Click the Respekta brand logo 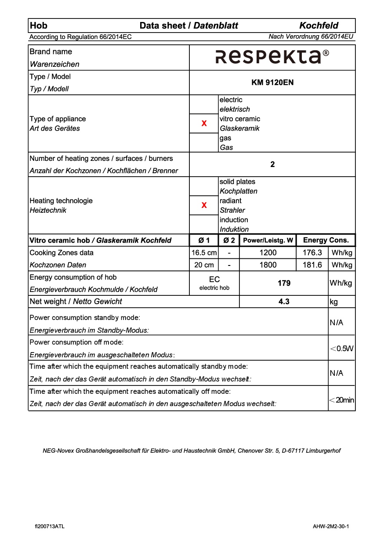click(272, 57)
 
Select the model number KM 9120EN click(272, 82)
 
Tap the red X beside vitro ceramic click(204, 124)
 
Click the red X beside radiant click(204, 205)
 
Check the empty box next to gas click(204, 142)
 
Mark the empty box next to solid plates click(204, 186)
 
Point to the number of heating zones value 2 click(272, 164)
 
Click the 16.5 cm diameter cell click(204, 253)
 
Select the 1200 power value click(268, 253)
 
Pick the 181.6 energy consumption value click(312, 265)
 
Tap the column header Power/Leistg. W click(268, 240)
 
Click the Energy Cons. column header click(326, 240)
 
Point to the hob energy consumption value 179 click(284, 283)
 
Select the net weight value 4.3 click(284, 302)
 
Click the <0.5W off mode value click(342, 349)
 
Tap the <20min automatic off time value click(342, 400)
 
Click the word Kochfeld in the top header click(319, 25)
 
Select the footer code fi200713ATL click(50, 526)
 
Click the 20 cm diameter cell click(204, 265)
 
